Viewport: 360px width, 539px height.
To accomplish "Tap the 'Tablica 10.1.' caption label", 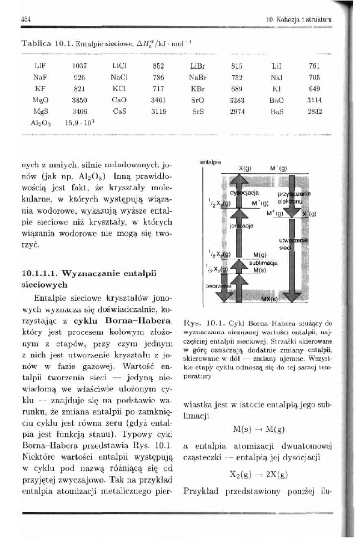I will coord(41,43).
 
